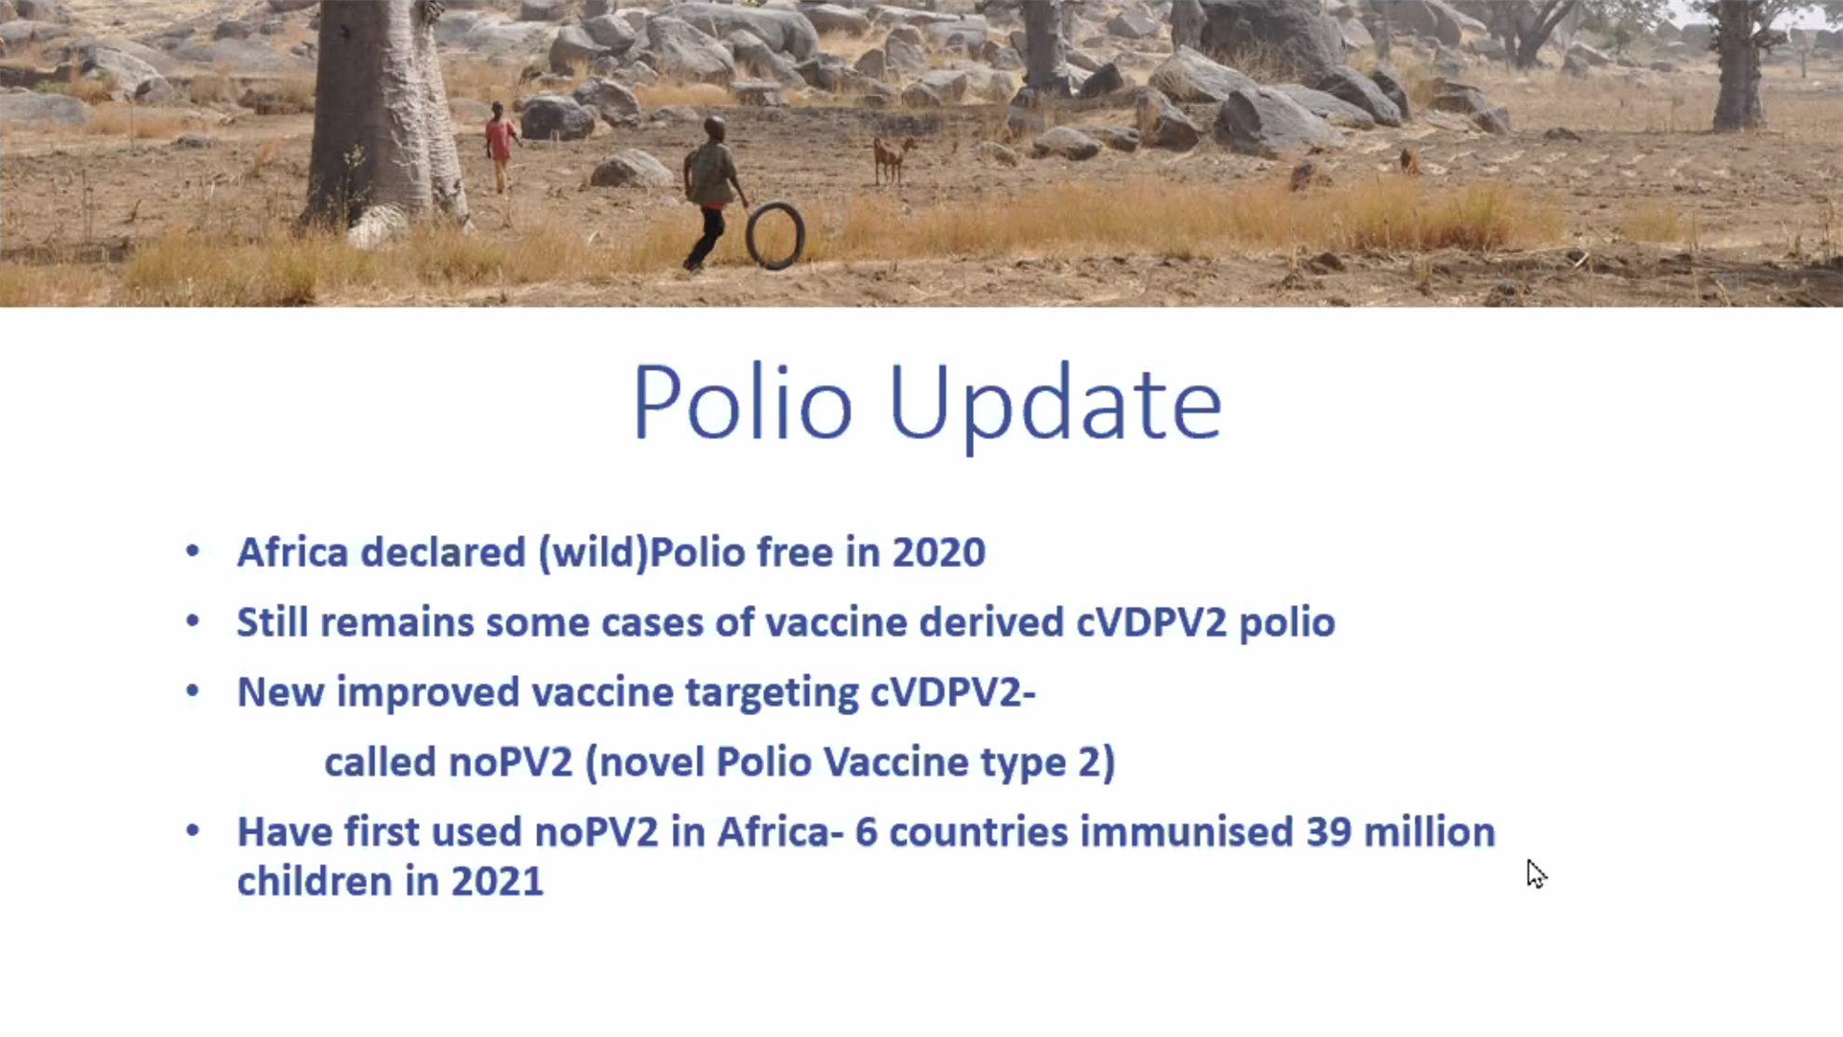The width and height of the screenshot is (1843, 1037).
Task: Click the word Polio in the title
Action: click(x=743, y=402)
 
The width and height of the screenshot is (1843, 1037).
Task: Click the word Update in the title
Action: click(x=1056, y=408)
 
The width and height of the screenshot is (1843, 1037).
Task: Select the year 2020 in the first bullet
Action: click(x=938, y=552)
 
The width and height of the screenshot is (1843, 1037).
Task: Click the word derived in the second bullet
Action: click(x=990, y=622)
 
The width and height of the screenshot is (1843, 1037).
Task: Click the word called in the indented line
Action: click(x=380, y=762)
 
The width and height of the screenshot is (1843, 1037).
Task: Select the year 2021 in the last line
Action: click(x=497, y=882)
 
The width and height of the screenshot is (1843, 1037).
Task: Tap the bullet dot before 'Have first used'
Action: click(x=193, y=830)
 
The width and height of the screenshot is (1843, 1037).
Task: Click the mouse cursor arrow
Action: click(x=1536, y=874)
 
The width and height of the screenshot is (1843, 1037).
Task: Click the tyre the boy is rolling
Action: click(x=774, y=236)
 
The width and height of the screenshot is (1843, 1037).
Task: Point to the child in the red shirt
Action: click(x=501, y=147)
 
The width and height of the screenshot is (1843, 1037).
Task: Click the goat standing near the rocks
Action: click(x=892, y=158)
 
